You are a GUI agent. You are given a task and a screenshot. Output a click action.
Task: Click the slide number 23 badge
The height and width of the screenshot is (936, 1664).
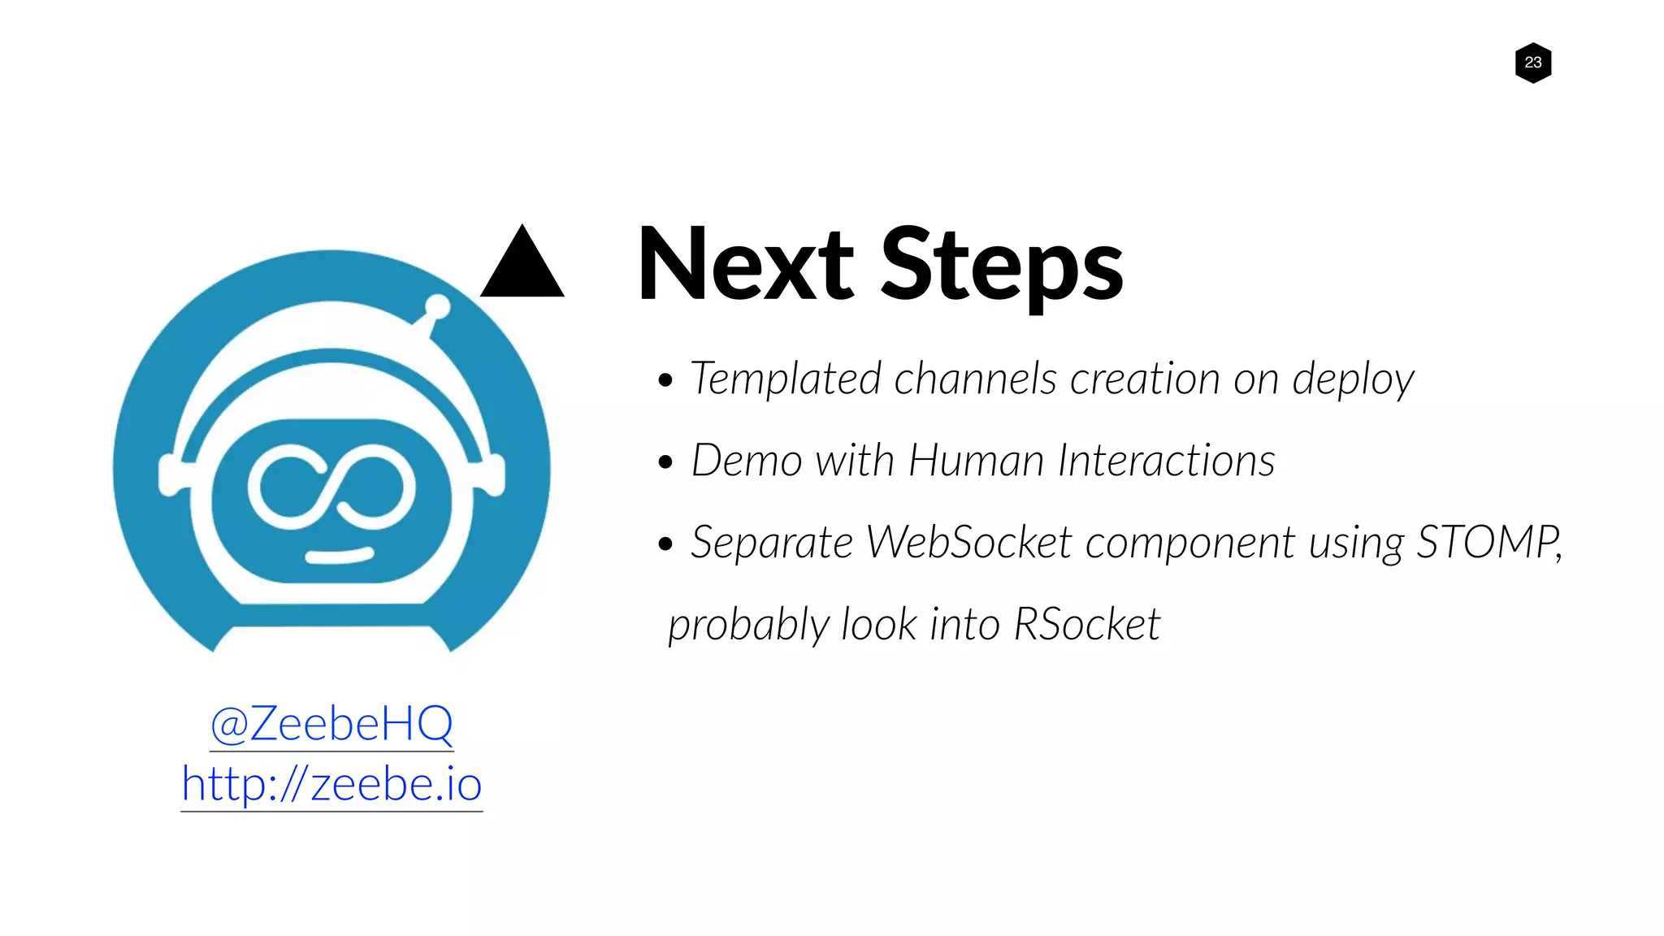click(1532, 63)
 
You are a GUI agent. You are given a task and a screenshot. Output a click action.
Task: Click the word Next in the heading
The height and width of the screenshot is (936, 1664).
click(745, 265)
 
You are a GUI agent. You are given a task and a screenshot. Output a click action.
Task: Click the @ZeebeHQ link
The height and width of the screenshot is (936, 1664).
click(331, 723)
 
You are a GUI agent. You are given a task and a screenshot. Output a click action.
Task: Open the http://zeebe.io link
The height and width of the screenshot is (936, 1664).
click(331, 783)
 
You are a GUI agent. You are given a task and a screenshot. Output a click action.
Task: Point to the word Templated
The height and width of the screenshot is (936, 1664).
click(785, 379)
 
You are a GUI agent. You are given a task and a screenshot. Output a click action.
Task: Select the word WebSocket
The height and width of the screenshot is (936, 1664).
click(968, 542)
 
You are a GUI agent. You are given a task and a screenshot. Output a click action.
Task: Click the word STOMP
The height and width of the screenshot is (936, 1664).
click(1487, 542)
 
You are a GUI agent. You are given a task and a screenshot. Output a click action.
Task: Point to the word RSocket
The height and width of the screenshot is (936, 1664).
click(1086, 625)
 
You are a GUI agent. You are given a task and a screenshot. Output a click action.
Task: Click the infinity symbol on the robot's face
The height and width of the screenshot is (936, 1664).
click(331, 486)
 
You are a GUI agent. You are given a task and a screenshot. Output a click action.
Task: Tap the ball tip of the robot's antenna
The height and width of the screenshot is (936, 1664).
click(438, 306)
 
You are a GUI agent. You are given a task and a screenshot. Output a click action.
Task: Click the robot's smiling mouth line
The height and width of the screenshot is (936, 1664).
click(339, 557)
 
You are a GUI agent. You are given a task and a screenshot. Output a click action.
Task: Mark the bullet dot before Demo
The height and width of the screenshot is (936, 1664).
click(665, 462)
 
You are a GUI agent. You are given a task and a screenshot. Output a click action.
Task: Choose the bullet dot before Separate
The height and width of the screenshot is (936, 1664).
click(665, 544)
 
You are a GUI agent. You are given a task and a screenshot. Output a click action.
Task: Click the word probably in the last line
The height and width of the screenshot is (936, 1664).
click(747, 626)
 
